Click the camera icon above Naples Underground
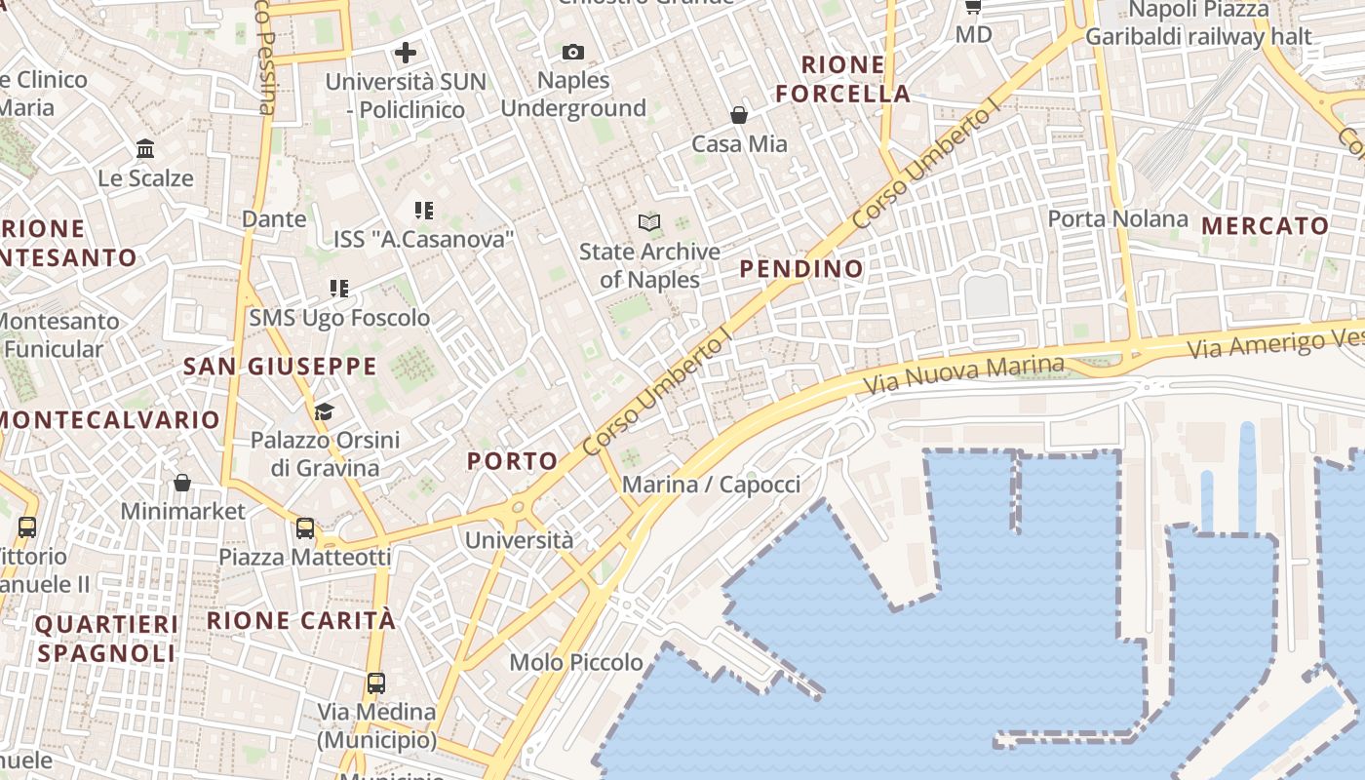573,52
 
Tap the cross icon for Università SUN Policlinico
406,52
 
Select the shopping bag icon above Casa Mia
739,115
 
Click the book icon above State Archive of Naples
649,222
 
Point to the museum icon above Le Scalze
146,149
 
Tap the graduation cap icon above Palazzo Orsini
324,411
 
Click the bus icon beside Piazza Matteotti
305,528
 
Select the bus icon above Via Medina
376,682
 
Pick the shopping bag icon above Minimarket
182,483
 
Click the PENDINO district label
801,268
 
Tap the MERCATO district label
1266,226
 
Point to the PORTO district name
513,461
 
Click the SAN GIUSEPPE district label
280,367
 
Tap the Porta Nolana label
1117,219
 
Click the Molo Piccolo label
576,663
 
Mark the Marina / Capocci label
711,485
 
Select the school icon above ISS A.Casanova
423,210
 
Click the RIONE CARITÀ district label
301,620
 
